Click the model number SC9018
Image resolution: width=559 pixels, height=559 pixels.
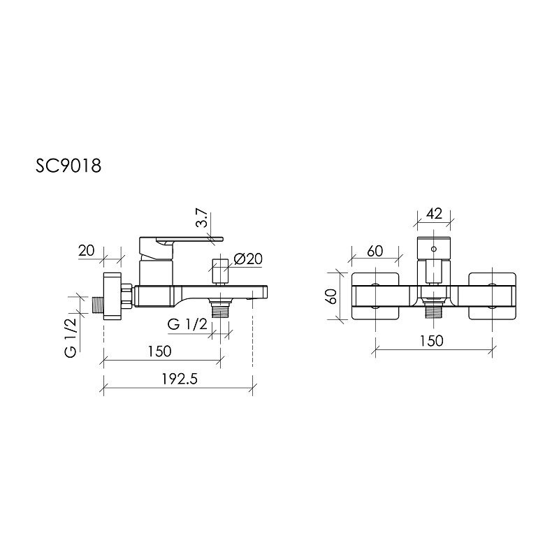point(69,167)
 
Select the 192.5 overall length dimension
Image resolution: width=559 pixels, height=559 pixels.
point(176,379)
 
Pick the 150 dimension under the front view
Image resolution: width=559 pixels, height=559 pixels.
point(433,340)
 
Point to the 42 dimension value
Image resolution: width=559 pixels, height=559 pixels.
point(434,214)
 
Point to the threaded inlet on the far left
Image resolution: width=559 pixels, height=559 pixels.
point(97,305)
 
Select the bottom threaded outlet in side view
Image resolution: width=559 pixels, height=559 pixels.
point(221,310)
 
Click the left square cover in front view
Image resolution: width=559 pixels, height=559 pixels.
point(375,296)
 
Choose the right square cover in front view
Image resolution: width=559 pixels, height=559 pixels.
point(493,296)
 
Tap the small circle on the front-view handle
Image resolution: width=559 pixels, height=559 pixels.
point(434,248)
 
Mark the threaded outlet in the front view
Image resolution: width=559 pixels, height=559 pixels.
point(434,311)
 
